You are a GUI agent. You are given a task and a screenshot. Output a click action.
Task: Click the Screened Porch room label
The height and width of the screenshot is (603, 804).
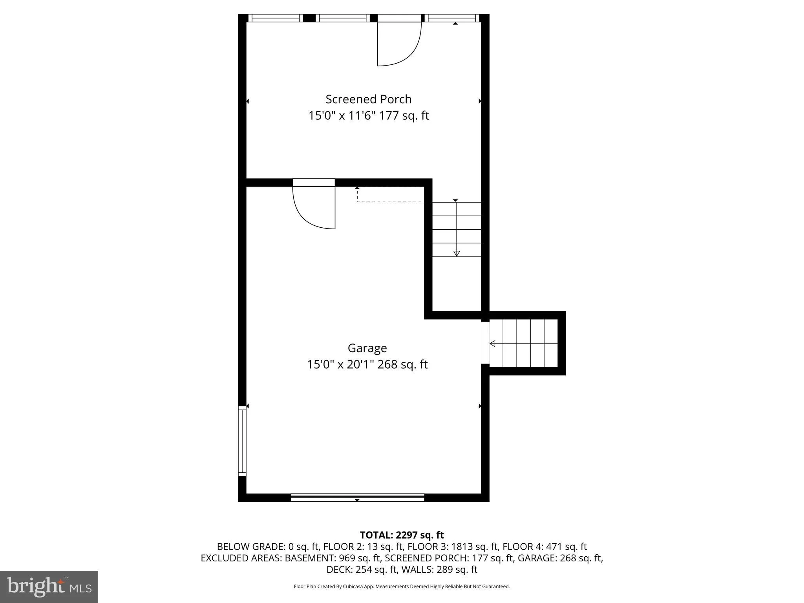click(x=369, y=99)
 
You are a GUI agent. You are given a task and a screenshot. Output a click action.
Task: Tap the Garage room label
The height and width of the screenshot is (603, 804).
click(x=367, y=348)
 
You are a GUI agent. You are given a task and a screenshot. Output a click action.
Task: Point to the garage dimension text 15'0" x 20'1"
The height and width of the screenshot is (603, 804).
click(x=340, y=365)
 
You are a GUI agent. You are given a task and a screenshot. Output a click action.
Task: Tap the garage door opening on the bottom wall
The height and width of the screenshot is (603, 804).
click(x=358, y=497)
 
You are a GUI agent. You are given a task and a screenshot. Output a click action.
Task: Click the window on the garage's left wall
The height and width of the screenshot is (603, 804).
click(x=242, y=441)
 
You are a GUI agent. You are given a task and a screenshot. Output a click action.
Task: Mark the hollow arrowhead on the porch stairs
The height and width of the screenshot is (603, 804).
click(x=456, y=254)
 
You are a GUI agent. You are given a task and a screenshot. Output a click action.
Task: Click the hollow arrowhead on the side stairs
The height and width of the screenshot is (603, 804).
click(x=492, y=344)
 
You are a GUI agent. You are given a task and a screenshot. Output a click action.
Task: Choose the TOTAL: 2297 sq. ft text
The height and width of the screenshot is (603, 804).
click(x=402, y=535)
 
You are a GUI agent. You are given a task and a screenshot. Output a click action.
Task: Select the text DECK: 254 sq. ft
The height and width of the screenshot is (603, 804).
click(x=362, y=570)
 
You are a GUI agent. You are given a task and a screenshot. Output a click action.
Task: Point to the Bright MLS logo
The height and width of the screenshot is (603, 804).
click(x=49, y=587)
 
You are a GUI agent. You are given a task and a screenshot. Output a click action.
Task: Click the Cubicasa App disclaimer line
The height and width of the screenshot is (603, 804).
click(x=402, y=587)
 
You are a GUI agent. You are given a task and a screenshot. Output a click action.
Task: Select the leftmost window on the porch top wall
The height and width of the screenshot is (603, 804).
click(x=276, y=18)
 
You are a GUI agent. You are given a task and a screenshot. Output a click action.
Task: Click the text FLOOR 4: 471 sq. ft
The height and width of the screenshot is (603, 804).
click(x=545, y=546)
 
